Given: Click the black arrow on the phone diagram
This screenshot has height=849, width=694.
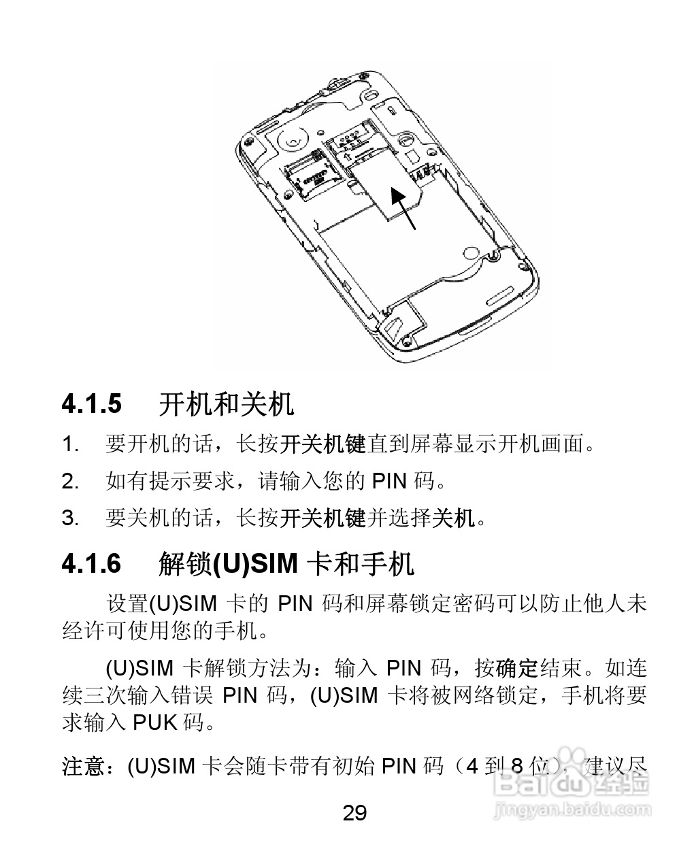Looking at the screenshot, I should click(x=404, y=207).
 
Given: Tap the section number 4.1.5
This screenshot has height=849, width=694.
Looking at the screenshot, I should click(x=92, y=404).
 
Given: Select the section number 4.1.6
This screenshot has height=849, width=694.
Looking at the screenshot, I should click(x=92, y=563).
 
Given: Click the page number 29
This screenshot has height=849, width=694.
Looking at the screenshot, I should click(x=354, y=812).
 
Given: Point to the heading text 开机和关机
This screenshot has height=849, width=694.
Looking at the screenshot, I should click(x=227, y=404).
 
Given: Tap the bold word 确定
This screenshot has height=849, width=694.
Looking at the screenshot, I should click(x=517, y=669).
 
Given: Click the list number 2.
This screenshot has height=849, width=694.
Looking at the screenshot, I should click(x=69, y=482).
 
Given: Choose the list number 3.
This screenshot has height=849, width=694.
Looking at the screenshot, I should click(x=69, y=518).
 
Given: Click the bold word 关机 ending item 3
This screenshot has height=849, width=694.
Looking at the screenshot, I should click(x=455, y=518).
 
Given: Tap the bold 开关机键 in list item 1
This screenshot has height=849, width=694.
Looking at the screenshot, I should click(x=323, y=445).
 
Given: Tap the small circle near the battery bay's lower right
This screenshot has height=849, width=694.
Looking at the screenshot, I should click(x=470, y=254).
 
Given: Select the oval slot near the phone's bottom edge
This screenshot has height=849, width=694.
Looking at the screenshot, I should click(x=502, y=296).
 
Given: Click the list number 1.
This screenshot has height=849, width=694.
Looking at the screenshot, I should click(x=69, y=445).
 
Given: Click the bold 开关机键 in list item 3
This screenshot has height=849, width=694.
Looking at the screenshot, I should click(x=323, y=518).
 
